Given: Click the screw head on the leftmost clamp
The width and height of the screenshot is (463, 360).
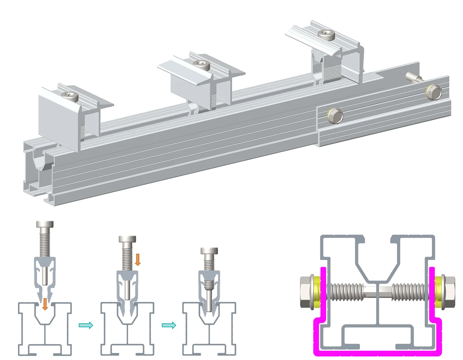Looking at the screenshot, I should (x=70, y=96).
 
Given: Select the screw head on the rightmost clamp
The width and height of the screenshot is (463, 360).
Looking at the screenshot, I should (x=327, y=34).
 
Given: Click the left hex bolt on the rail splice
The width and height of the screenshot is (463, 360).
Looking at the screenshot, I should (x=335, y=115).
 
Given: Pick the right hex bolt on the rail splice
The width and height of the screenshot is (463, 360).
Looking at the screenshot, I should (x=434, y=92).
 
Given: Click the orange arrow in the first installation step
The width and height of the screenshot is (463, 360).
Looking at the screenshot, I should (x=45, y=304).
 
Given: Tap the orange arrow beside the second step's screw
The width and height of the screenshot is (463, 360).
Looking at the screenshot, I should (x=138, y=259).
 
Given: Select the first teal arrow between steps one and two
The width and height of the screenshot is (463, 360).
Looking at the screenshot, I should (x=86, y=325).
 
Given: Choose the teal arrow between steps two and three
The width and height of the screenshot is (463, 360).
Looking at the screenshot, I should (x=169, y=325).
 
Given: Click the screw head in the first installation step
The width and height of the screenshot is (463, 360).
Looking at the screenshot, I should (x=45, y=225).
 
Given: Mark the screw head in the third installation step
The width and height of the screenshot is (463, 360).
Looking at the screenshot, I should (x=209, y=251).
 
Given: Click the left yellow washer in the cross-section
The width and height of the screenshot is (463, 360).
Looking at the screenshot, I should (x=317, y=292).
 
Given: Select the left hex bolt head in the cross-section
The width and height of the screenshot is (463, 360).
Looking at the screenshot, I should (x=307, y=292).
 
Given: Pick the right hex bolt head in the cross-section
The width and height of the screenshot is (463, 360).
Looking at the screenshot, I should (x=449, y=292).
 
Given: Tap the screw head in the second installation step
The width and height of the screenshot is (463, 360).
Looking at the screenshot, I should (x=127, y=239).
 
